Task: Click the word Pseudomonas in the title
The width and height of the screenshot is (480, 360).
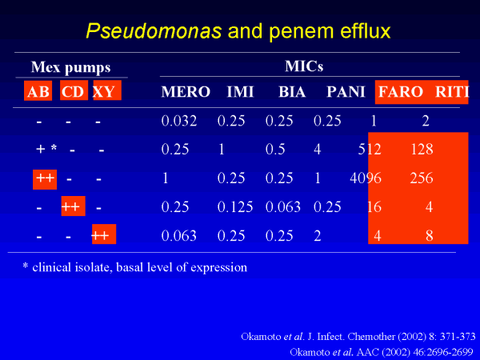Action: pyautogui.click(x=154, y=31)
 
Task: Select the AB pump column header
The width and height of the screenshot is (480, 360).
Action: pyautogui.click(x=38, y=91)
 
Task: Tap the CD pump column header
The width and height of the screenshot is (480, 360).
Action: pyautogui.click(x=74, y=90)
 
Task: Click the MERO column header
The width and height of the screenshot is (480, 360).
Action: pyautogui.click(x=186, y=91)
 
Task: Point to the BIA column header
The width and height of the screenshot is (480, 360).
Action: pyautogui.click(x=292, y=91)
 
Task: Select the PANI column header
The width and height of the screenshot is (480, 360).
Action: pyautogui.click(x=346, y=91)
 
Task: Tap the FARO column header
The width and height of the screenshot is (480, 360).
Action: pyautogui.click(x=401, y=91)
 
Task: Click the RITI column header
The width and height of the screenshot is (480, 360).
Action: pyautogui.click(x=452, y=91)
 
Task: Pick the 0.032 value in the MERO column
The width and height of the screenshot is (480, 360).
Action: pyautogui.click(x=178, y=121)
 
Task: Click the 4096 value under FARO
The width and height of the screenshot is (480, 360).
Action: pyautogui.click(x=366, y=178)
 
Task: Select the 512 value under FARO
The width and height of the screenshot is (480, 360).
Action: pyautogui.click(x=370, y=149)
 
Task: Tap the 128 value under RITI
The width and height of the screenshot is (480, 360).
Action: pyautogui.click(x=422, y=149)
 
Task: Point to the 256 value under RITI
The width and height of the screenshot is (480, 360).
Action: pyautogui.click(x=422, y=178)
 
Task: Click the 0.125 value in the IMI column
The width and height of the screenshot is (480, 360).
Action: pyautogui.click(x=235, y=207)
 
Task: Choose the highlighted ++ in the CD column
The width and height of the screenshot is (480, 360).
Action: pyautogui.click(x=73, y=206)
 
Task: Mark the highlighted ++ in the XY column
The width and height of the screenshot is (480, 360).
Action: pyautogui.click(x=104, y=234)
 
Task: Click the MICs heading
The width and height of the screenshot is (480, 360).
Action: pyautogui.click(x=304, y=66)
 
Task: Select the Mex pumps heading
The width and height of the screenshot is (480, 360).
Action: pyautogui.click(x=70, y=67)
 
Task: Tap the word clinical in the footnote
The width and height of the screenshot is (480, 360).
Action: pyautogui.click(x=52, y=267)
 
